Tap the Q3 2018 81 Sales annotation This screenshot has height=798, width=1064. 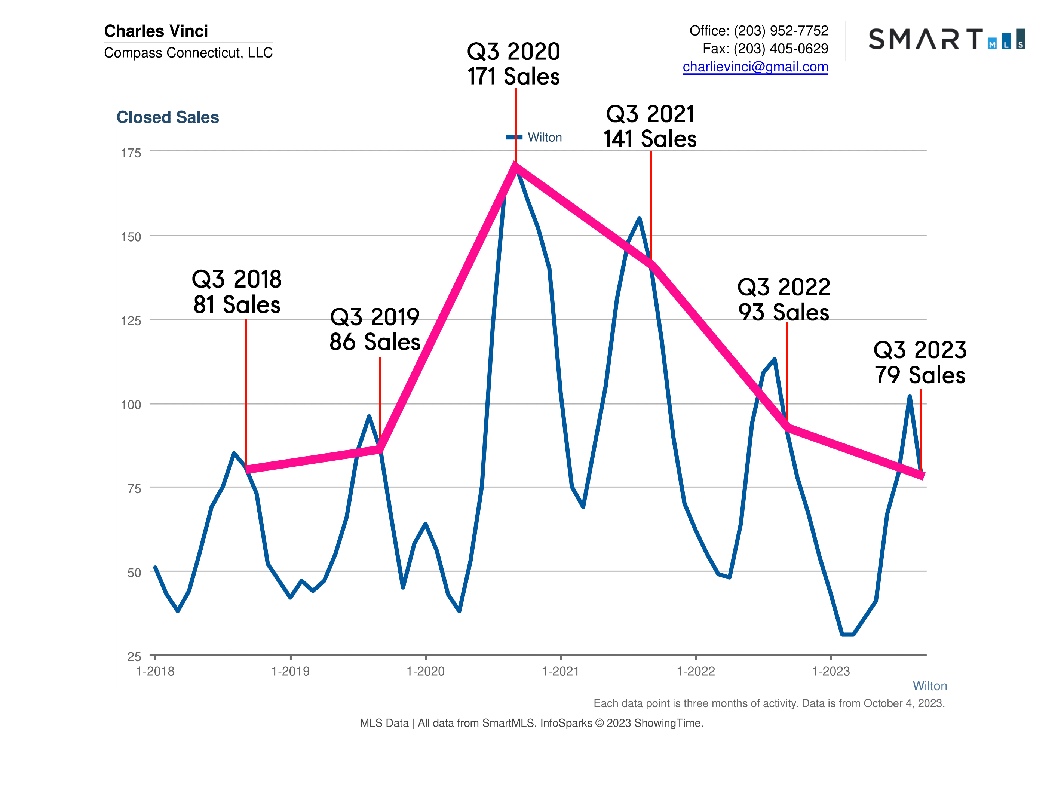[x=237, y=292]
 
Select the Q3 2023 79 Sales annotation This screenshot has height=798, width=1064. [x=920, y=362]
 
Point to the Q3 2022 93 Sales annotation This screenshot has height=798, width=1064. [x=784, y=300]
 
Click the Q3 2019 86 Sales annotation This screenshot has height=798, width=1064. [x=375, y=329]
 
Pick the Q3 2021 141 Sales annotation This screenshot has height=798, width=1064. [x=650, y=126]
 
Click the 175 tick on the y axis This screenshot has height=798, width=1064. [x=131, y=153]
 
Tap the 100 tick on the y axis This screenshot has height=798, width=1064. [x=131, y=405]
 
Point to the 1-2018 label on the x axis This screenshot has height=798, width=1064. [x=155, y=672]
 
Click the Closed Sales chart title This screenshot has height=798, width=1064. [x=168, y=117]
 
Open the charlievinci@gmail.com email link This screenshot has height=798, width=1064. [x=755, y=67]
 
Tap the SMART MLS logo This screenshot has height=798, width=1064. [x=946, y=39]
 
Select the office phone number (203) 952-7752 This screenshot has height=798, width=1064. [x=781, y=31]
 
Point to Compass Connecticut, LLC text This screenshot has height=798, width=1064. [x=188, y=53]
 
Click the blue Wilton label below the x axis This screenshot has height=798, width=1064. [x=929, y=686]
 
